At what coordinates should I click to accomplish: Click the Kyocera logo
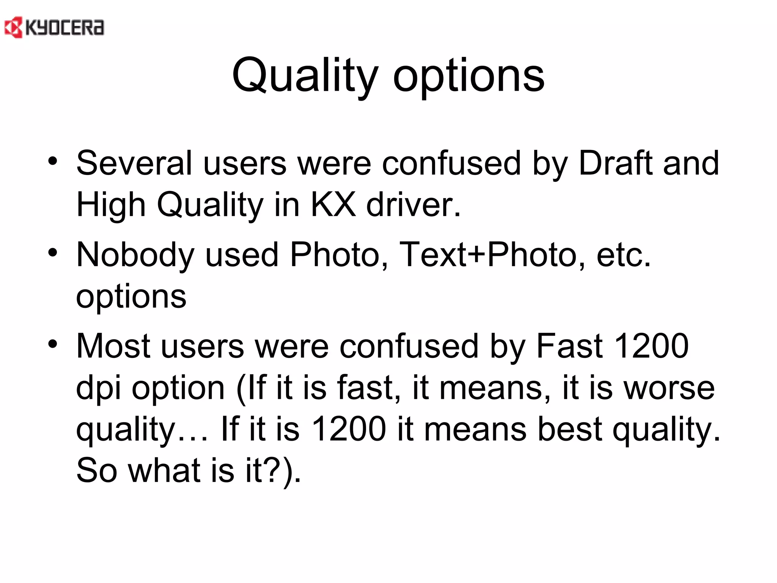click(x=54, y=28)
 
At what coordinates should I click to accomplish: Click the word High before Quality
click(x=111, y=205)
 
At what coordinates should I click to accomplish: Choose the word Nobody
click(x=135, y=255)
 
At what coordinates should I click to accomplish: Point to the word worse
click(x=669, y=388)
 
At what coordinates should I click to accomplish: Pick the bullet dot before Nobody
click(x=53, y=253)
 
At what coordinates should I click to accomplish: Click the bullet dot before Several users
click(x=53, y=161)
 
